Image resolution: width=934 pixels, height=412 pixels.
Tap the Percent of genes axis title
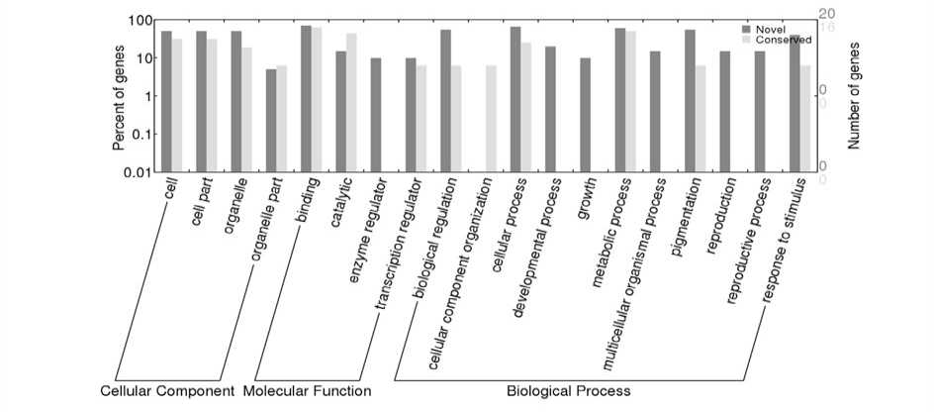point(119,96)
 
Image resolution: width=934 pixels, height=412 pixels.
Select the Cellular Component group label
point(167,391)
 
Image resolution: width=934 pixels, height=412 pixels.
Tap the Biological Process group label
point(568,391)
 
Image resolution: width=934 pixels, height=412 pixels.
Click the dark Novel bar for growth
point(586,115)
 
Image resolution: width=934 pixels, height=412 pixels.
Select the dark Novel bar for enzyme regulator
point(376,115)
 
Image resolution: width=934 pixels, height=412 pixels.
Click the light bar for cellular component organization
point(491,118)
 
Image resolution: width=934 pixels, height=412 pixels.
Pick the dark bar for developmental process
point(550,109)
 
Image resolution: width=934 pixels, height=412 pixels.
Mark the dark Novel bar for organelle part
point(271,120)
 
